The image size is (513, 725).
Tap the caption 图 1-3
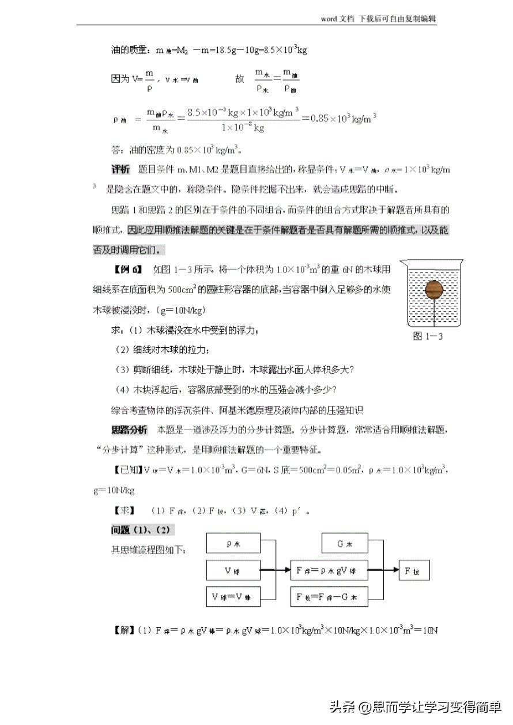tap(428, 337)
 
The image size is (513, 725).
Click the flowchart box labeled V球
tap(233, 570)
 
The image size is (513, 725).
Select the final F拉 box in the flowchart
tap(413, 570)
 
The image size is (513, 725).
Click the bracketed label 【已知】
tap(126, 470)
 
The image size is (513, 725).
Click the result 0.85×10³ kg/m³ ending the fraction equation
tap(344, 118)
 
